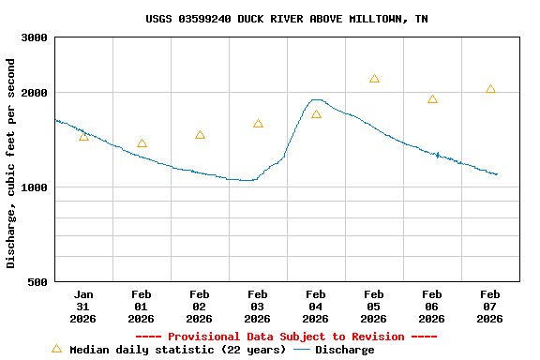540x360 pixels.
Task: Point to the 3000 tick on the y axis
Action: (35, 37)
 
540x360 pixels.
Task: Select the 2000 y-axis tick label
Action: (35, 93)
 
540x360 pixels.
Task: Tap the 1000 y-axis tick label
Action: (35, 187)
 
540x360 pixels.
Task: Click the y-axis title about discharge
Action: (11, 163)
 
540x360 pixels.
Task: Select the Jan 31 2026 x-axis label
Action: (83, 307)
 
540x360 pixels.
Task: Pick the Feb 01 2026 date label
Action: (142, 307)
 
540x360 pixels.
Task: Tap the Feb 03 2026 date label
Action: (258, 307)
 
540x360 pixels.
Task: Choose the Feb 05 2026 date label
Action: (374, 307)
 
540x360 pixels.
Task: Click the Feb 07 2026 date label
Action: (490, 307)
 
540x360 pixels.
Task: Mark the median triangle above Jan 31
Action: (83, 137)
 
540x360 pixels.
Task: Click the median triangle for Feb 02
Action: (200, 135)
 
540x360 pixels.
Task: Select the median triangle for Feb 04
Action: (316, 114)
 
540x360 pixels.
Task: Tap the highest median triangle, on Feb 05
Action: (374, 79)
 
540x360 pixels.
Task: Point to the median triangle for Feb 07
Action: (490, 89)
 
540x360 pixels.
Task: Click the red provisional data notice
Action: (286, 337)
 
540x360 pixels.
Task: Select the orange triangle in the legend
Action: (56, 349)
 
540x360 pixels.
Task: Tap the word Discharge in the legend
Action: (344, 350)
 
